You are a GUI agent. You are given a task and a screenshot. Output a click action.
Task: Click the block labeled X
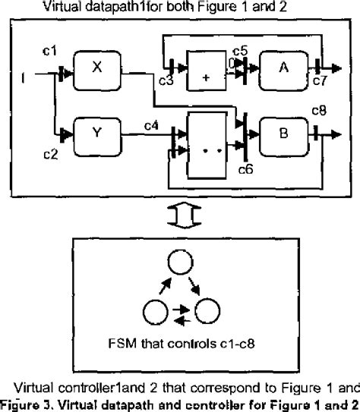coord(97,68)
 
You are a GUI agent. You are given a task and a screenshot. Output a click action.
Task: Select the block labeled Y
coord(97,135)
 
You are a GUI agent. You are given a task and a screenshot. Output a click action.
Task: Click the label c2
coord(49,154)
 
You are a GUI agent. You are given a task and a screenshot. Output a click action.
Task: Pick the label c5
coord(240,51)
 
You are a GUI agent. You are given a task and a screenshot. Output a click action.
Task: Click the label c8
coord(320,112)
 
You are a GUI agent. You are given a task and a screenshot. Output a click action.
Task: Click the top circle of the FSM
coord(181,266)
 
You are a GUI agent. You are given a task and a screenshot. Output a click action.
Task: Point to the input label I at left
coord(26,74)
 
